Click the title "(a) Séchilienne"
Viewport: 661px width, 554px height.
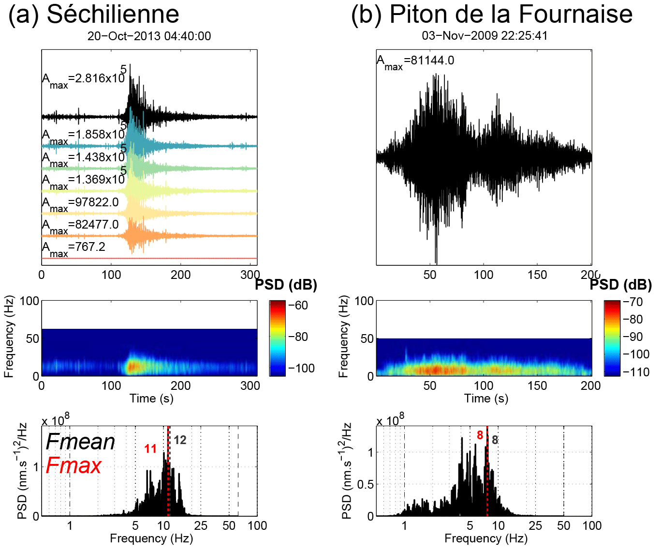pos(94,15)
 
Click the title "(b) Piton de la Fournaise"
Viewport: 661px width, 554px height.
pos(491,15)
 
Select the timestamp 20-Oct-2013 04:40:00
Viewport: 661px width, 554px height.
pos(149,36)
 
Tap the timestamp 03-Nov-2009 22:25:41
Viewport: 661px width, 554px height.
pos(485,36)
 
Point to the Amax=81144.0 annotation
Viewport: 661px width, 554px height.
pos(415,61)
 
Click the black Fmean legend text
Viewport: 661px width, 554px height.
pos(80,442)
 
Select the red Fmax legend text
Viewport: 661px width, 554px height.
pos(73,466)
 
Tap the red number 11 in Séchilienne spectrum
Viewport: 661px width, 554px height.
pos(150,449)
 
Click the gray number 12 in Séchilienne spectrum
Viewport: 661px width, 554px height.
pos(180,440)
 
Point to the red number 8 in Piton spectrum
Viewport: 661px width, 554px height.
pos(480,435)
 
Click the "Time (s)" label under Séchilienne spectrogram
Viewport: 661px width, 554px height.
pos(151,399)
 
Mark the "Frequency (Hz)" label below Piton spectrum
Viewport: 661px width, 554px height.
pos(486,539)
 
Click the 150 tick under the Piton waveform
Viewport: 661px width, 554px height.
pos(537,275)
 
